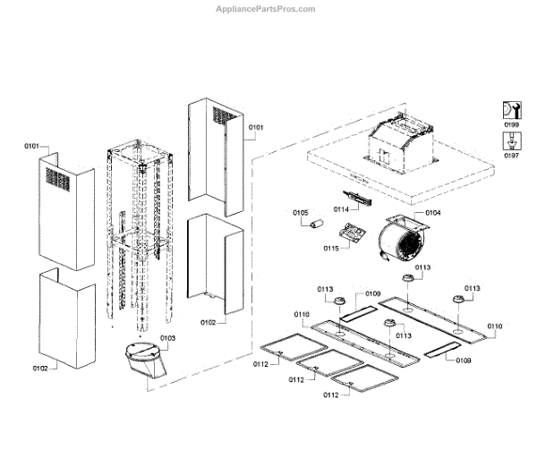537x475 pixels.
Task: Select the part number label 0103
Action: pyautogui.click(x=167, y=338)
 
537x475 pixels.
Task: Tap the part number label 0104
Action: pyautogui.click(x=432, y=213)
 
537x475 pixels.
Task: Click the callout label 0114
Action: pyautogui.click(x=341, y=208)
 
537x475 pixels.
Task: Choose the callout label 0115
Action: pyautogui.click(x=330, y=248)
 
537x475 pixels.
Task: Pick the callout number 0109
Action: pyautogui.click(x=372, y=293)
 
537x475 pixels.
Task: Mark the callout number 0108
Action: pyautogui.click(x=464, y=360)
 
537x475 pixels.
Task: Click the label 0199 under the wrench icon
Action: pyautogui.click(x=511, y=125)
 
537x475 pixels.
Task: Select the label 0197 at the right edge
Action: pyautogui.click(x=511, y=155)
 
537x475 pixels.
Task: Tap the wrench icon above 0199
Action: pyautogui.click(x=511, y=110)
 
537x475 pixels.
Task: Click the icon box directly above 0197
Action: pyautogui.click(x=511, y=140)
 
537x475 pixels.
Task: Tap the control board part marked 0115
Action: pyautogui.click(x=356, y=234)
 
